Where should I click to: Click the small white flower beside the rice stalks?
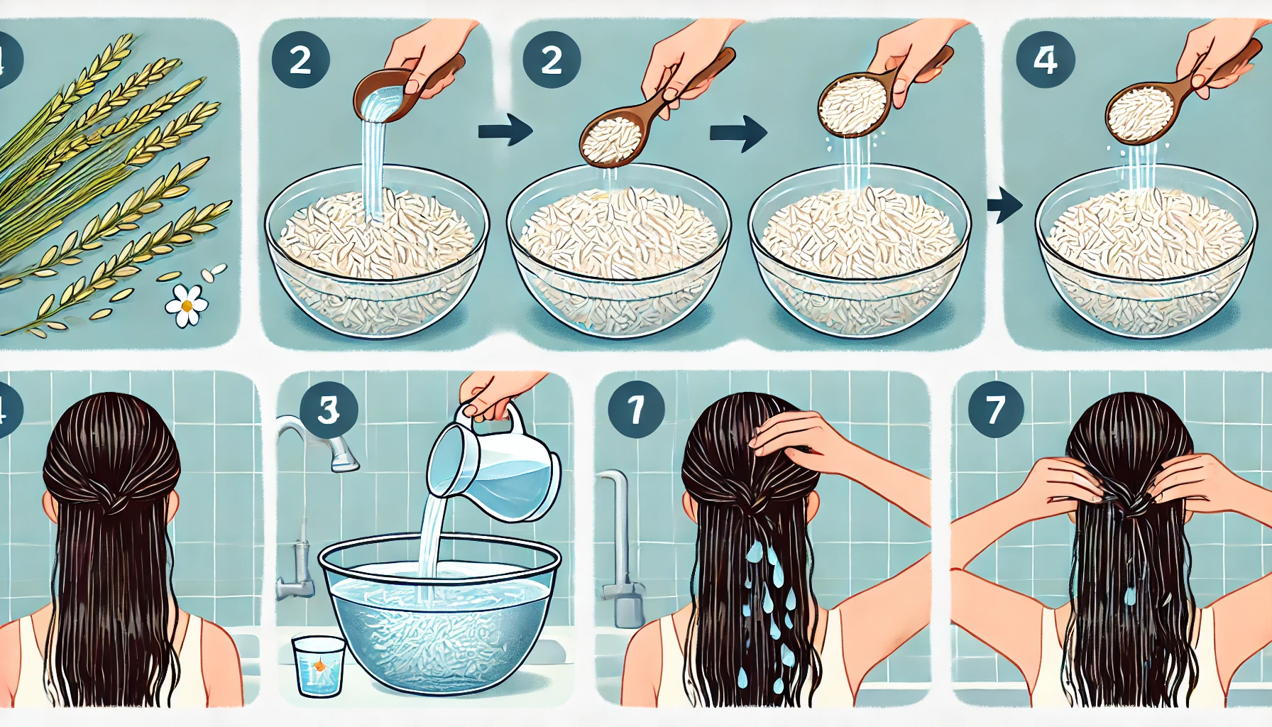pyautogui.click(x=187, y=305)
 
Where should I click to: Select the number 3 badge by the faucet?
pyautogui.click(x=329, y=410)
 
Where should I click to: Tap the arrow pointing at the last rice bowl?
pyautogui.click(x=1004, y=206)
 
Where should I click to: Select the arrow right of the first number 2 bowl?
pyautogui.click(x=505, y=131)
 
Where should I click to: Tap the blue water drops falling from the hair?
pyautogui.click(x=770, y=603)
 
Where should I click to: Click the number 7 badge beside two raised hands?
pyautogui.click(x=995, y=409)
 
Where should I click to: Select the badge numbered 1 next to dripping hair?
pyautogui.click(x=636, y=409)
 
